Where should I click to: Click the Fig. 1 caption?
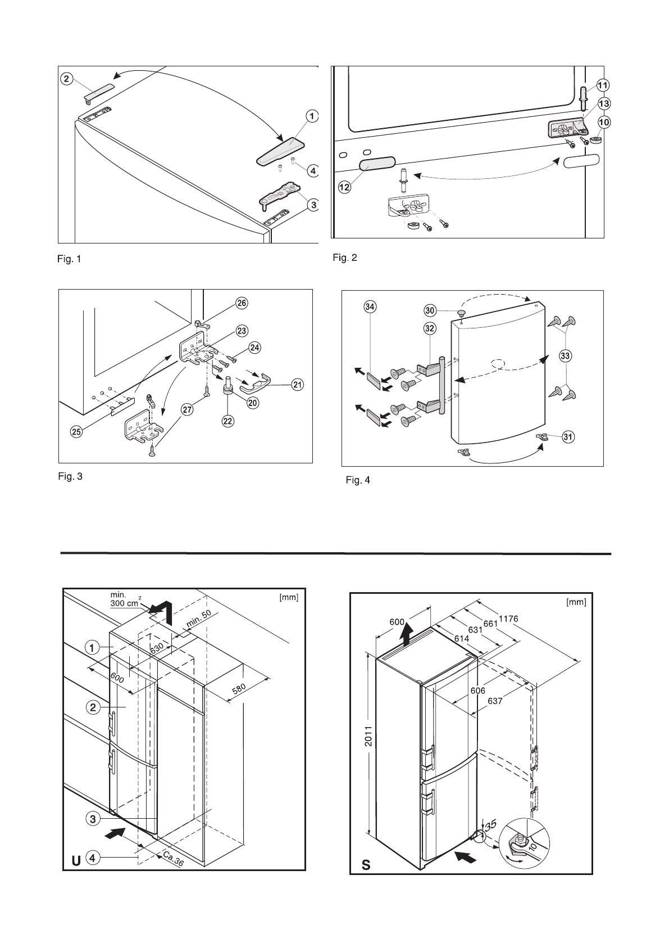pyautogui.click(x=70, y=259)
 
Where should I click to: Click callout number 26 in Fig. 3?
pyautogui.click(x=241, y=304)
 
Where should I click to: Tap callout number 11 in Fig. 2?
pyautogui.click(x=602, y=85)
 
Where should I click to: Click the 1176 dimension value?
pyautogui.click(x=508, y=619)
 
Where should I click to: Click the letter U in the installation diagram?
pyautogui.click(x=74, y=876)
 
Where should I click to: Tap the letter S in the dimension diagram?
pyautogui.click(x=366, y=881)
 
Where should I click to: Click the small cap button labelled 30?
pyautogui.click(x=462, y=313)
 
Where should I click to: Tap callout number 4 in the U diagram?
pyautogui.click(x=93, y=873)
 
